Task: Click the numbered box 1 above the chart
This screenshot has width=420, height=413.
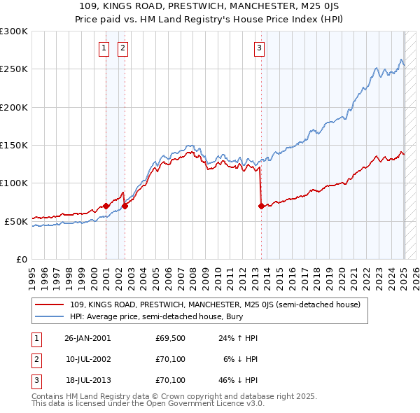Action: pyautogui.click(x=104, y=48)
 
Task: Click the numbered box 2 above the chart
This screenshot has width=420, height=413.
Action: pyautogui.click(x=122, y=48)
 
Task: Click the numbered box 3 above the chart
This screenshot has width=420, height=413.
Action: pyautogui.click(x=259, y=48)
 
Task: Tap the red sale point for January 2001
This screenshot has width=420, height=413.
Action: pyautogui.click(x=106, y=206)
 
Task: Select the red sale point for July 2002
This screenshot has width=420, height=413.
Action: pyautogui.click(x=125, y=206)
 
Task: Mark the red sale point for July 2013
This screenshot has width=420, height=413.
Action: pyautogui.click(x=262, y=206)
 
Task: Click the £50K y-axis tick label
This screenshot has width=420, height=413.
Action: pyautogui.click(x=16, y=221)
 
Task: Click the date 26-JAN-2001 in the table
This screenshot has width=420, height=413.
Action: pyautogui.click(x=87, y=338)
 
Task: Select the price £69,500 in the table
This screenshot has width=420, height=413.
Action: pyautogui.click(x=170, y=338)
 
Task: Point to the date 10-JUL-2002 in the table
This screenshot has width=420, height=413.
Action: pyautogui.click(x=87, y=359)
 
